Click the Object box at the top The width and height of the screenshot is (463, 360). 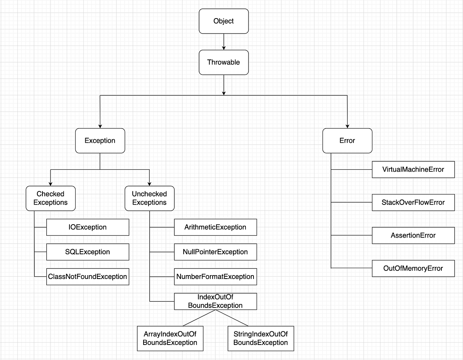[224, 21]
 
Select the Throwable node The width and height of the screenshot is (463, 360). [224, 62]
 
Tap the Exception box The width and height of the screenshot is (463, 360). [100, 140]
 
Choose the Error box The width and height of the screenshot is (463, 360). [347, 140]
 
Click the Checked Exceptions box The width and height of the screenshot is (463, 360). [51, 198]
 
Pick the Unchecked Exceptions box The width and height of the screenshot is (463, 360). [149, 198]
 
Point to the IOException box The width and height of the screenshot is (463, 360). [88, 227]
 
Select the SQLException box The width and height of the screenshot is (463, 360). [88, 252]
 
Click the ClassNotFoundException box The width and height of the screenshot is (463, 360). [88, 277]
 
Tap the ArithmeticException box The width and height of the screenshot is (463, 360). [215, 227]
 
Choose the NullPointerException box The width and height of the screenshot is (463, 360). [215, 252]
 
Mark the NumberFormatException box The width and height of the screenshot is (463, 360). [215, 277]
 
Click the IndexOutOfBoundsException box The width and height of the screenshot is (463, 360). [215, 301]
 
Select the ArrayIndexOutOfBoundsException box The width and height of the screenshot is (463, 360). [170, 338]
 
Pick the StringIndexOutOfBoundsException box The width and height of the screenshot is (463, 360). [261, 338]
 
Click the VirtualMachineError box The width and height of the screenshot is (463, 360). [413, 169]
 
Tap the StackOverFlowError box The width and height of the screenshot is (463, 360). [413, 203]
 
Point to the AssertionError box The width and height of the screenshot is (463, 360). [413, 235]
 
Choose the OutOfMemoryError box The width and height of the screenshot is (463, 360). [413, 268]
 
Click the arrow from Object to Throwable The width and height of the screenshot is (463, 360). [224, 42]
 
